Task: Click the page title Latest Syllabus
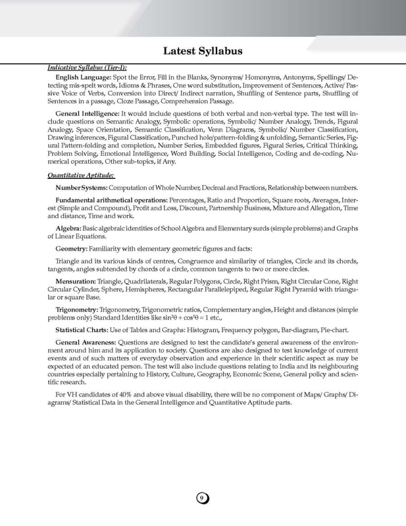[x=203, y=51]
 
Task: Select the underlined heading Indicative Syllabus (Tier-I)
[x=87, y=68]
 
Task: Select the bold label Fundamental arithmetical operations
[x=111, y=199]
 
